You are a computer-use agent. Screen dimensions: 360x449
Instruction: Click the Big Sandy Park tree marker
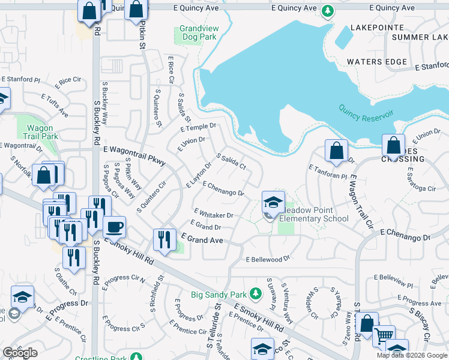tap(256, 294)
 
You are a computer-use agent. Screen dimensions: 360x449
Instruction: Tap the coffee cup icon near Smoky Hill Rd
tap(114, 227)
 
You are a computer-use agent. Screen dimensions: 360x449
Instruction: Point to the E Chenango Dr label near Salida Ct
tap(223, 188)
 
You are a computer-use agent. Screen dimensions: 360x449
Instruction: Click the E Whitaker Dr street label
tap(213, 214)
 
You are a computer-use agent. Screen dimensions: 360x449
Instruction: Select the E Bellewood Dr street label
tap(268, 259)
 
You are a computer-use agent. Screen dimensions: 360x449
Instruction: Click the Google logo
tap(20, 353)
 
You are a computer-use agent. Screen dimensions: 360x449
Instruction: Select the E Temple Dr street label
tap(197, 127)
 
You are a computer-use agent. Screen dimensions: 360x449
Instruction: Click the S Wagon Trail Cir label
tap(361, 202)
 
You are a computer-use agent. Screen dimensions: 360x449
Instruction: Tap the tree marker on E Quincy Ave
tap(327, 10)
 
